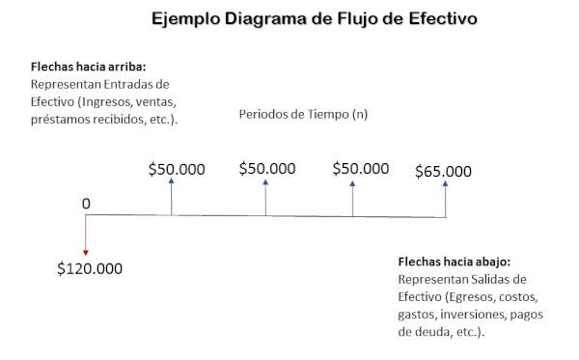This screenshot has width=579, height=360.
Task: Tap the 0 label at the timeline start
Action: [86, 204]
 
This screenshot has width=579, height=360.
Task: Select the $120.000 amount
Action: [90, 267]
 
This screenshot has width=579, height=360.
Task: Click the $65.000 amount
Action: [443, 172]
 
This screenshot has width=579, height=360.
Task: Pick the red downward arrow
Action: [86, 235]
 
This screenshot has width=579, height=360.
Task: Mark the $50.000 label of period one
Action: [177, 169]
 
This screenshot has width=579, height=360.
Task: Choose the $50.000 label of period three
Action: [361, 169]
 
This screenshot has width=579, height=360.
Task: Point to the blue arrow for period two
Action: [265, 198]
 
